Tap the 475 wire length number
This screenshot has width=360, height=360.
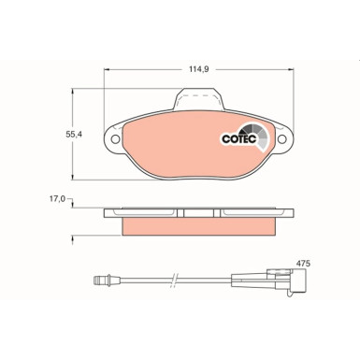click(302, 263)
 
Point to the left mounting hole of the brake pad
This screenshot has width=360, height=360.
click(115, 143)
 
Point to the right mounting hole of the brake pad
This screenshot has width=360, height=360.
click(279, 143)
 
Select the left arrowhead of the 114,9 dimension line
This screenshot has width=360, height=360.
click(106, 76)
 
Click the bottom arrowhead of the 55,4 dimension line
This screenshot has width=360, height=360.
click(74, 180)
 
